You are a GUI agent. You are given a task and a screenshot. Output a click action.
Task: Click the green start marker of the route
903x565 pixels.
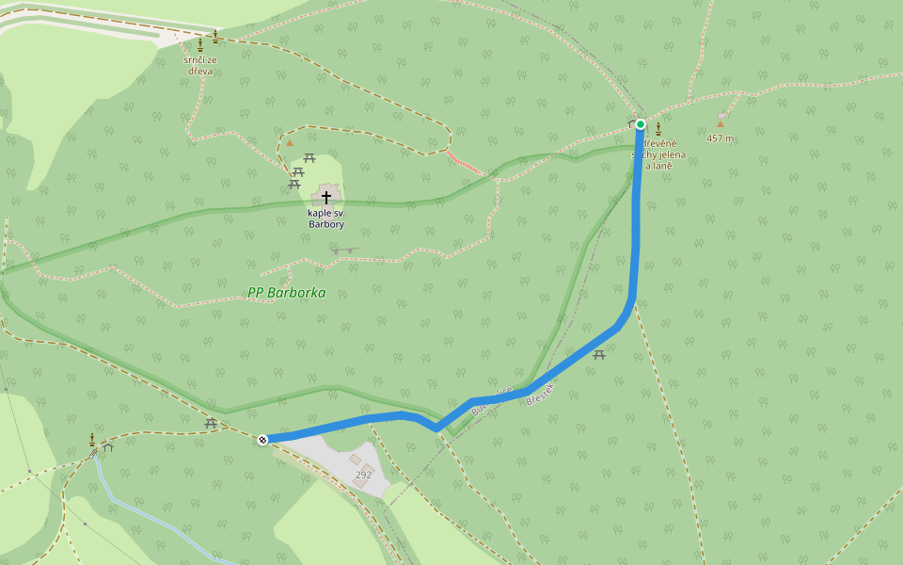coord(641,124)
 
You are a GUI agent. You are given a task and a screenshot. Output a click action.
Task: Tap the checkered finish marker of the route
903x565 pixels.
coord(263,439)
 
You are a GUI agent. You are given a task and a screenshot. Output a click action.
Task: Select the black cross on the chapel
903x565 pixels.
coord(326,197)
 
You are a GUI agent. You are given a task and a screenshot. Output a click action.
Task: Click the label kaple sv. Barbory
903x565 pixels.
coord(325,218)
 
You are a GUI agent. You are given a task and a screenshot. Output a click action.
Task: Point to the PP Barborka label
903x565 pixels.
coord(287,293)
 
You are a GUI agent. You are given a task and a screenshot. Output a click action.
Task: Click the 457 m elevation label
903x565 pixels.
coord(721,138)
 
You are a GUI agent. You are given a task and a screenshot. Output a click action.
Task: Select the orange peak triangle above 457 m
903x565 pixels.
coord(721,123)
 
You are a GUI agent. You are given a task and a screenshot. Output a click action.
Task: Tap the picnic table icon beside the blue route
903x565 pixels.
coord(599,354)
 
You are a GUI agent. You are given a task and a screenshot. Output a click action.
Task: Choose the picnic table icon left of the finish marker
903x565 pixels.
coord(211,424)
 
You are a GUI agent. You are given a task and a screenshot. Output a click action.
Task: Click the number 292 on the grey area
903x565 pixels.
coord(363,475)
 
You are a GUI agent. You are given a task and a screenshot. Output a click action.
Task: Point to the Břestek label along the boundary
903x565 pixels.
coord(543,393)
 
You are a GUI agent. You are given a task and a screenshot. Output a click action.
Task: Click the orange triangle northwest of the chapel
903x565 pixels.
coord(290,143)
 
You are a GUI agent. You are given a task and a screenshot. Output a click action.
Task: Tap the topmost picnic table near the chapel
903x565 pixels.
coord(309,156)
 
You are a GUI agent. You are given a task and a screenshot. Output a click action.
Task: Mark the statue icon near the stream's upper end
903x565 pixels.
coord(91,440)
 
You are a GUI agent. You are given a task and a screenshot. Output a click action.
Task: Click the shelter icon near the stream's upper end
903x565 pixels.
coord(107,446)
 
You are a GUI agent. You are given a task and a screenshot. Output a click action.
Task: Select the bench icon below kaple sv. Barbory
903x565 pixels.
coord(345,250)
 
